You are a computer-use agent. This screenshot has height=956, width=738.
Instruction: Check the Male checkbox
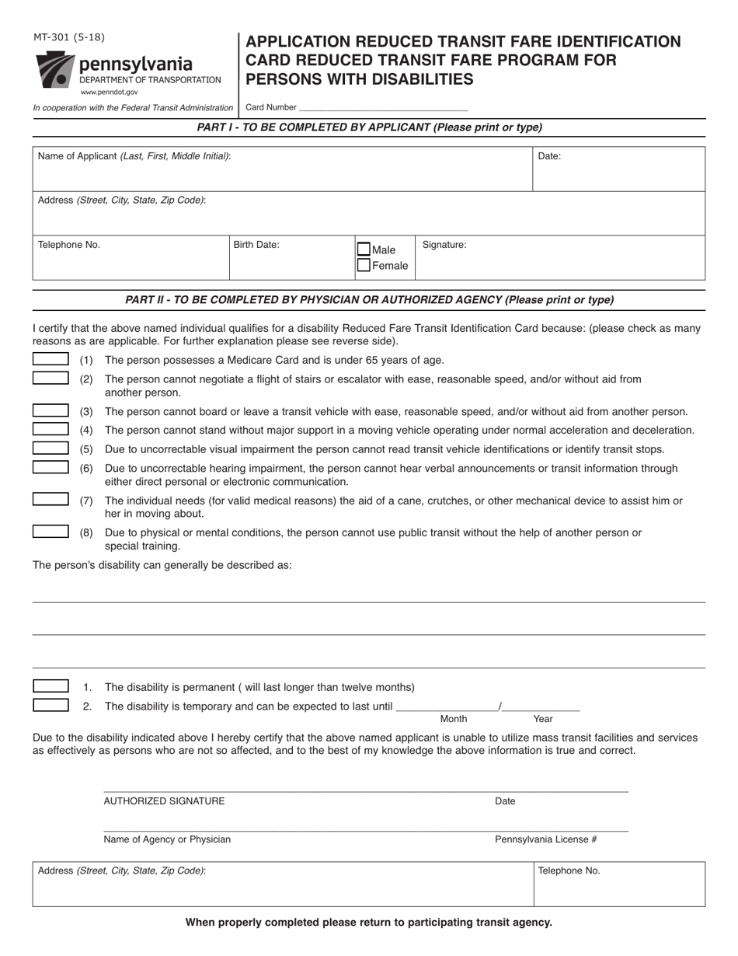click(x=364, y=249)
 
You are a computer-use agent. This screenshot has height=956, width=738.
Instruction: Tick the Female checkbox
click(x=364, y=265)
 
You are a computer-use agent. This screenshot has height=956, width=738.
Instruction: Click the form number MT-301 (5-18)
click(x=69, y=37)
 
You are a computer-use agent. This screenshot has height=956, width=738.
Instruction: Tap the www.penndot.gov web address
click(x=109, y=92)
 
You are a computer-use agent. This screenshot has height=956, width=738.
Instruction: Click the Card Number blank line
click(x=383, y=108)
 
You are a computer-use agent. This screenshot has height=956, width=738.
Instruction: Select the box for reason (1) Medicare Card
click(x=50, y=359)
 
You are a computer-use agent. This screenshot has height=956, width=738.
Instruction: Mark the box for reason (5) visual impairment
click(x=50, y=448)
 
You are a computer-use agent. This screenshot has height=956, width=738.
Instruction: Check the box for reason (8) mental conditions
click(x=50, y=532)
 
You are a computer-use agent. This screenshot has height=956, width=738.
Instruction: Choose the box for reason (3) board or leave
click(x=50, y=410)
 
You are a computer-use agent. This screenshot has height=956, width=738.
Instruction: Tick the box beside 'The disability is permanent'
click(x=50, y=686)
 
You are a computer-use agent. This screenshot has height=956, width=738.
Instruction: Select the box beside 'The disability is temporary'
click(x=50, y=705)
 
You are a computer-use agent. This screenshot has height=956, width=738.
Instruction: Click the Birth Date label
click(x=256, y=245)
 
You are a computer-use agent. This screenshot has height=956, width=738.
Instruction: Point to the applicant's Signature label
click(x=444, y=245)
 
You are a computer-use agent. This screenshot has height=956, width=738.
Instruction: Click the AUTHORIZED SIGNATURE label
click(x=165, y=801)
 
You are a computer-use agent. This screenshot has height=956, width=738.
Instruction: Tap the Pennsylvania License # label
click(x=546, y=839)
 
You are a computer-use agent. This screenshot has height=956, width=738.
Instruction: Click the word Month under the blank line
click(x=454, y=719)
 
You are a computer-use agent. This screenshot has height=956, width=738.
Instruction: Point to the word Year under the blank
click(x=543, y=719)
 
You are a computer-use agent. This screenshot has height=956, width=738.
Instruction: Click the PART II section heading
click(x=369, y=300)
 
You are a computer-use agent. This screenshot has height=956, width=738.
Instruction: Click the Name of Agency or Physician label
click(x=167, y=839)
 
